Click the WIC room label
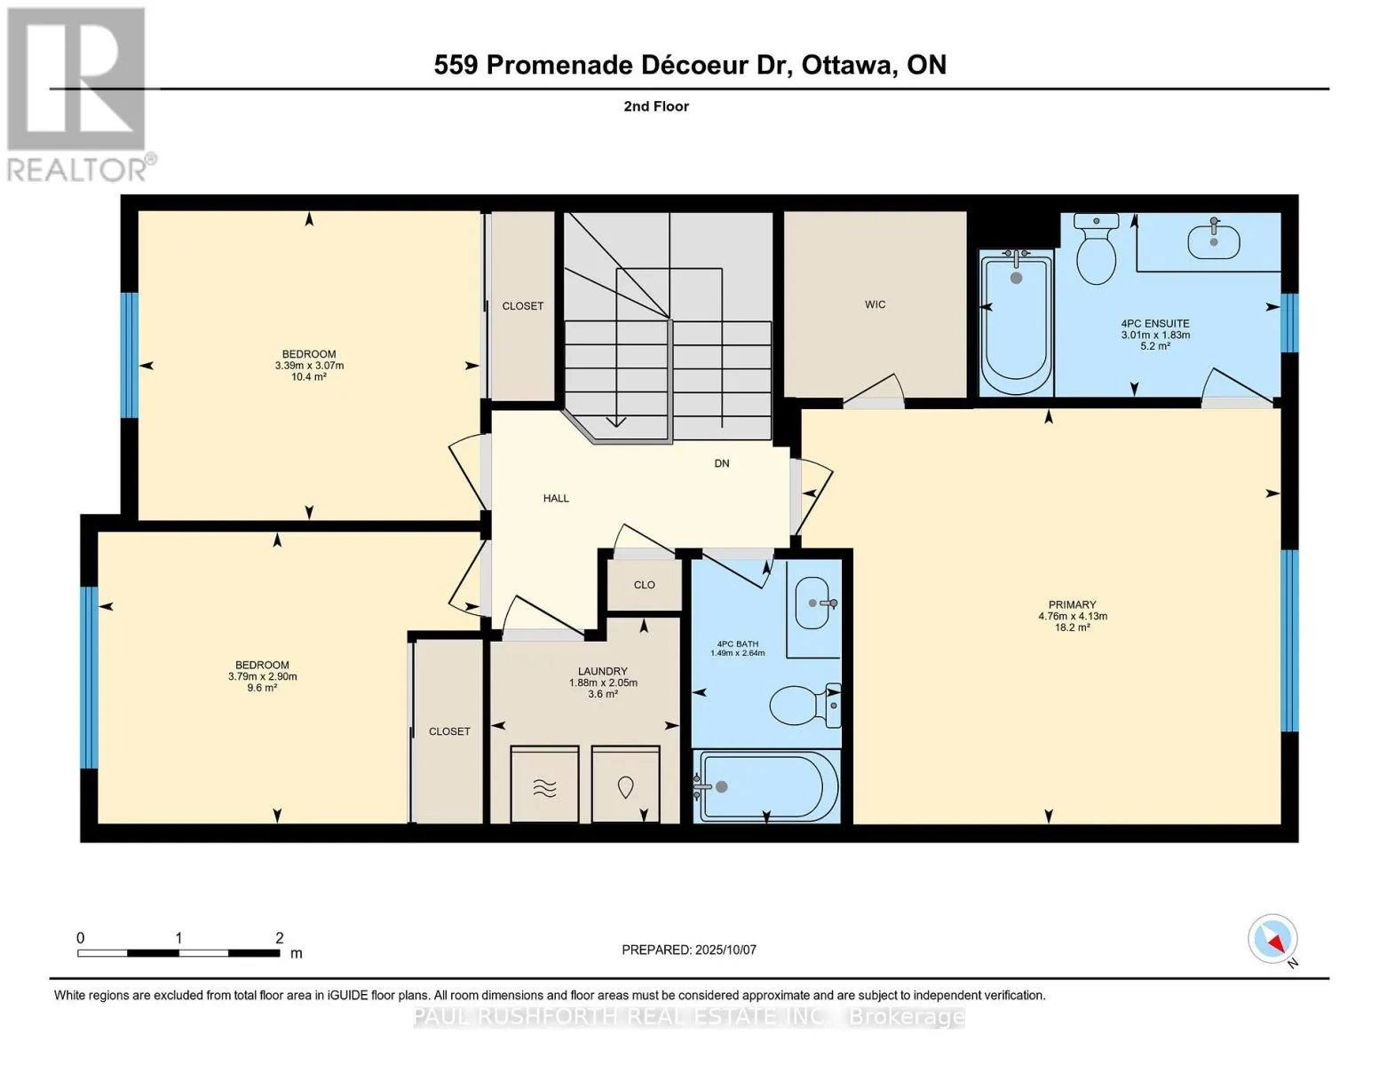[x=875, y=304]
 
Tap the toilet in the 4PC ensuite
[x=1096, y=248]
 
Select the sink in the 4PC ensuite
[x=1213, y=239]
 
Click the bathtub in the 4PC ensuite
[x=1016, y=321]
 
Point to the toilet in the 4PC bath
[x=804, y=705]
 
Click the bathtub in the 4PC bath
[x=766, y=786]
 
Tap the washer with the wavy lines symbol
[x=544, y=785]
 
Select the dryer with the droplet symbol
[x=626, y=785]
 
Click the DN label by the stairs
[x=722, y=463]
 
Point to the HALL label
[x=556, y=499]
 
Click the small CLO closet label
[x=644, y=585]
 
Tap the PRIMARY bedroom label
[x=1073, y=604]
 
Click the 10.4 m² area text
[x=309, y=377]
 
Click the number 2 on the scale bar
[x=279, y=937]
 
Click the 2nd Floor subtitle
[x=656, y=106]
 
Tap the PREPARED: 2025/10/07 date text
[x=689, y=950]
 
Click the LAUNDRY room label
[x=602, y=671]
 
